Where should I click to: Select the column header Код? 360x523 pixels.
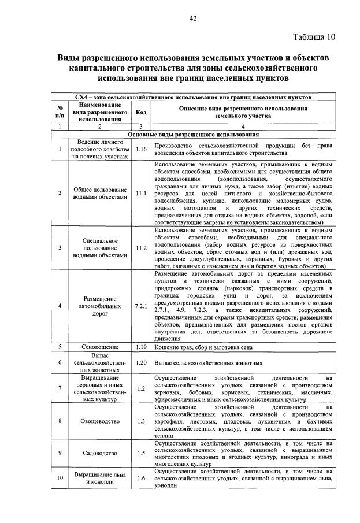[140, 113]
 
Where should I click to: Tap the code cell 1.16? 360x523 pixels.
[140, 149]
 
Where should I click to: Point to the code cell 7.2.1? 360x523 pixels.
[140, 305]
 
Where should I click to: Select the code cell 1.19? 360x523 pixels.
[140, 347]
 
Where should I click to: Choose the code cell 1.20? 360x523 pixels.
[140, 363]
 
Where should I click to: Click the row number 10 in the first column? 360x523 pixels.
[60, 478]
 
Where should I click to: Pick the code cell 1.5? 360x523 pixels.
[140, 453]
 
